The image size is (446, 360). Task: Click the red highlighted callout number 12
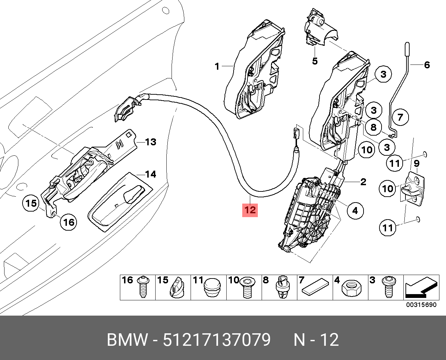[250, 209]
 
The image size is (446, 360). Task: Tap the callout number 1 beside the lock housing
[217, 66]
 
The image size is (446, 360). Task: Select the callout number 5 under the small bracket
[314, 61]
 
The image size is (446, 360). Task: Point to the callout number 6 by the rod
[427, 65]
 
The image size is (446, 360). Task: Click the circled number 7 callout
[400, 117]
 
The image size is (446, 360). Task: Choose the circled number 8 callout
[373, 127]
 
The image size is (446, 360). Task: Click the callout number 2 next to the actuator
[363, 182]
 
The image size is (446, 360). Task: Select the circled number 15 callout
[32, 203]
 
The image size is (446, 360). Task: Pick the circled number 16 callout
[69, 222]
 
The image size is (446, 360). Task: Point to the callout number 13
[150, 142]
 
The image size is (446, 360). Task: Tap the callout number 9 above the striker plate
[417, 163]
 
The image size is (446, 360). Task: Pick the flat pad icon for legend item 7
[315, 286]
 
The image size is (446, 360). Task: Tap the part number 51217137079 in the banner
[217, 340]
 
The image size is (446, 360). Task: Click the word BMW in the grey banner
[127, 340]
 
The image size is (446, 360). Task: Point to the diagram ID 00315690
[421, 305]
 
